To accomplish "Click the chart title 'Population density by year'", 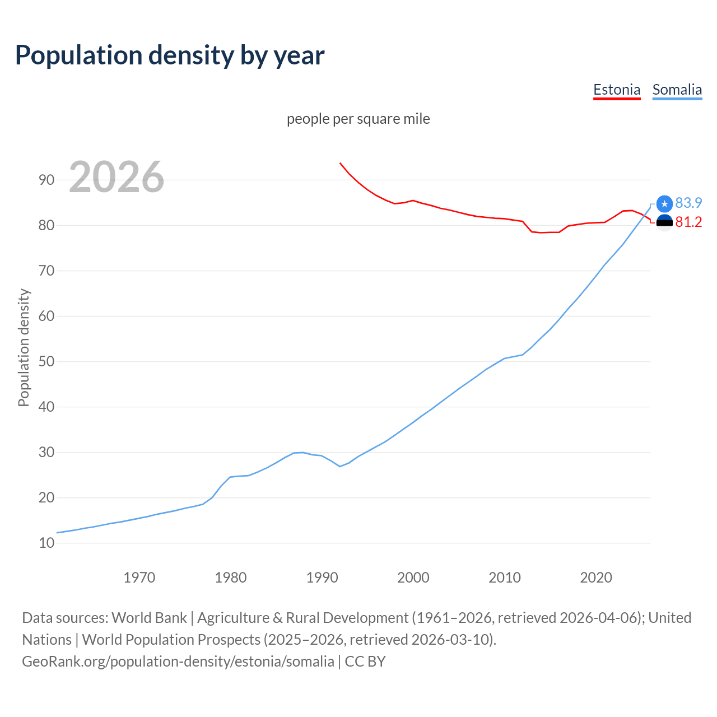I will pyautogui.click(x=170, y=55).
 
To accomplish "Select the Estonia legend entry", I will pyautogui.click(x=617, y=90).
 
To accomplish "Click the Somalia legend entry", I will pyautogui.click(x=677, y=90).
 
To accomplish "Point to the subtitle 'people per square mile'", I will pyautogui.click(x=358, y=119).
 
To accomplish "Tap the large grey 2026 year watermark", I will pyautogui.click(x=117, y=177).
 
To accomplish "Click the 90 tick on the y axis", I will pyautogui.click(x=46, y=180).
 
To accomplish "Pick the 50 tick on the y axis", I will pyautogui.click(x=46, y=361).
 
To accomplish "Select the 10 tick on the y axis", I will pyautogui.click(x=46, y=543).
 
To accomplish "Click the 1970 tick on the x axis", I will pyautogui.click(x=139, y=577).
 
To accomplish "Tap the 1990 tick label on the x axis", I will pyautogui.click(x=322, y=577).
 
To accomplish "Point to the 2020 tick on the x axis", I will pyautogui.click(x=595, y=577).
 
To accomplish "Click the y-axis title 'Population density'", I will pyautogui.click(x=24, y=347).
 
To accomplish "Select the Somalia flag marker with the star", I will pyautogui.click(x=664, y=204).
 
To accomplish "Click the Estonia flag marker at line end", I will pyautogui.click(x=664, y=222).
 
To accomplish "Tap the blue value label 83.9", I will pyautogui.click(x=688, y=203).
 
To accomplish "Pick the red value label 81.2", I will pyautogui.click(x=688, y=222).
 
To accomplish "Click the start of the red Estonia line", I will pyautogui.click(x=340, y=163).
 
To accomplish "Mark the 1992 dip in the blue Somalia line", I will pyautogui.click(x=340, y=466).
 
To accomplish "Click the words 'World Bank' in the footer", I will pyautogui.click(x=149, y=617).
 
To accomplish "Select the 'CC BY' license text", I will pyautogui.click(x=365, y=661).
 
